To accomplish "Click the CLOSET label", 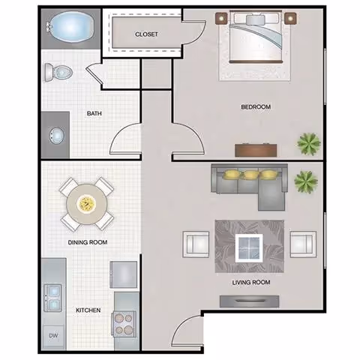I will [x=145, y=34].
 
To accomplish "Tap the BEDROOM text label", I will [x=255, y=107].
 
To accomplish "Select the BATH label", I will [x=94, y=114].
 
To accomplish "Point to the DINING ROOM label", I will [x=88, y=241].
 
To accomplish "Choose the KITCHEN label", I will [x=88, y=310].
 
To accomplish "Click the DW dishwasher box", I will [x=54, y=335].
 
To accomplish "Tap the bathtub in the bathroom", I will [x=70, y=28].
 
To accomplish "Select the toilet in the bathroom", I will [x=58, y=72].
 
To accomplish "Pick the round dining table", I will [x=86, y=202].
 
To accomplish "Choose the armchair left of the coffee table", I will [x=196, y=244].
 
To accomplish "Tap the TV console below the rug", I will [x=247, y=301].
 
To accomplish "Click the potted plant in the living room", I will [x=305, y=180].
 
